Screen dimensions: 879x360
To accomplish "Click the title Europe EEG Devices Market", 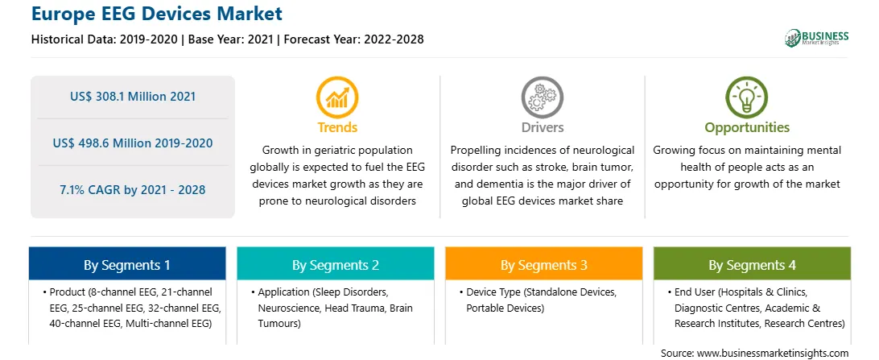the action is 156,14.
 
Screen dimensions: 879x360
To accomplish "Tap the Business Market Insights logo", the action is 816,38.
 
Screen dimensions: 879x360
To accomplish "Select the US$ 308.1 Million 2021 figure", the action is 133,97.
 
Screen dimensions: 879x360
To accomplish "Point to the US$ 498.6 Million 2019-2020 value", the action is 133,143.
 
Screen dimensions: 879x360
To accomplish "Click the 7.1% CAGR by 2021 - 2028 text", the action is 133,189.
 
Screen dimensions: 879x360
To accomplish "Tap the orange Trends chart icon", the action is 337,97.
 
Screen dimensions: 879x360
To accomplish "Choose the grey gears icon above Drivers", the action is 542,97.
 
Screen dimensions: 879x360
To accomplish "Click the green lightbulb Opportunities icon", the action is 747,97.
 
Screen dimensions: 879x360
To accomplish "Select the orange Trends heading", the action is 337,127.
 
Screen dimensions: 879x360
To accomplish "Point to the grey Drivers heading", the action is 543,127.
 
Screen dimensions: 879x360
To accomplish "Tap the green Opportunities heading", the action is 747,128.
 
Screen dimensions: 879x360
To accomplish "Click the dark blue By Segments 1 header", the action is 127,263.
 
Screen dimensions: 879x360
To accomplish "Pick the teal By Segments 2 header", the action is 335,263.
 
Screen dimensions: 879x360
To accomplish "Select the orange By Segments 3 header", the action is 544,263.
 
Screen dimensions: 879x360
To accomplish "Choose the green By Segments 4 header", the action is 753,263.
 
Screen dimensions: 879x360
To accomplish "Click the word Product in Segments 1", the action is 67,292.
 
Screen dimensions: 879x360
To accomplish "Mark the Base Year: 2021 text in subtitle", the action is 231,39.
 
